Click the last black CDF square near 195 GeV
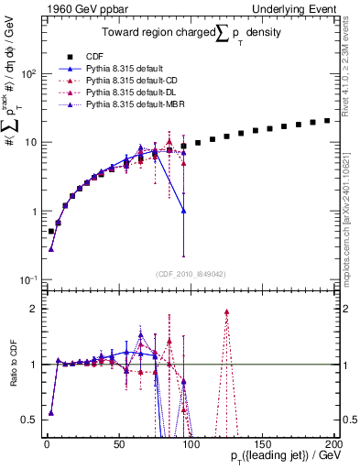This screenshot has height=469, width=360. [x=327, y=120]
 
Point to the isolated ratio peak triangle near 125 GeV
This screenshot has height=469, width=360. [x=225, y=312]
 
